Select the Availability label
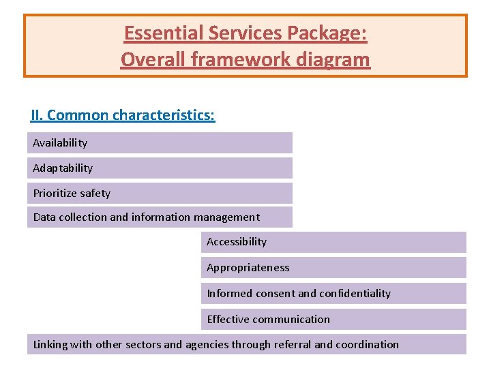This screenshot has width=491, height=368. click(60, 143)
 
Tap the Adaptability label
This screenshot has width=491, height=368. click(63, 168)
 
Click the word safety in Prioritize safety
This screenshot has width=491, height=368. click(95, 194)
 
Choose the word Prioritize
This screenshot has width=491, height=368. click(55, 194)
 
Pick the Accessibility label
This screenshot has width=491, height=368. click(237, 242)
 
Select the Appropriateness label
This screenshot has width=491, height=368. click(248, 268)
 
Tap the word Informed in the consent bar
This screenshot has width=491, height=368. click(228, 294)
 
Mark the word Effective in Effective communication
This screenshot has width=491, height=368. click(228, 320)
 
